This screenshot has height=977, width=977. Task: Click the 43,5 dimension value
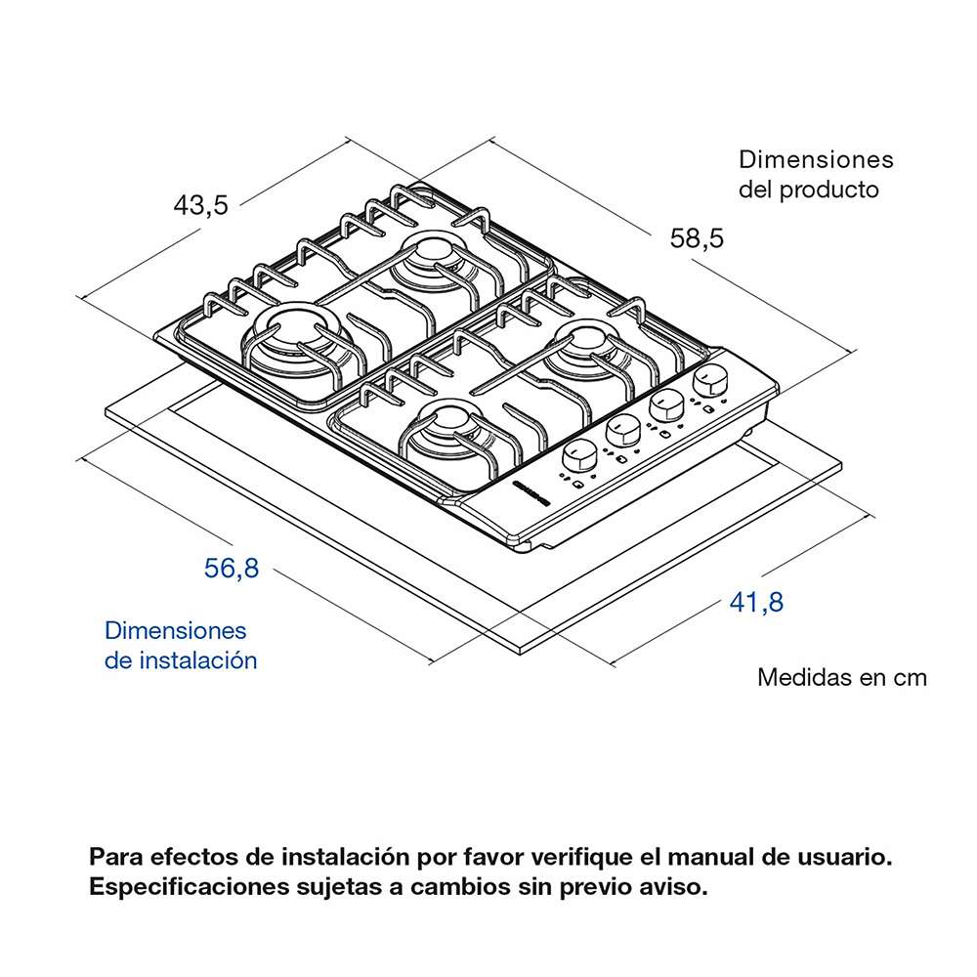(x=200, y=206)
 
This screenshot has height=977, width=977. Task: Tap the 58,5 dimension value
(x=697, y=238)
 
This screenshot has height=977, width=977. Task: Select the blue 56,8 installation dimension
(x=232, y=569)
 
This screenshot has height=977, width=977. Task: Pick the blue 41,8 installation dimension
(x=756, y=603)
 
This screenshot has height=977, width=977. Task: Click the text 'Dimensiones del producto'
(x=815, y=174)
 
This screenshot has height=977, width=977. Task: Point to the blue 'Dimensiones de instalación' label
(x=181, y=645)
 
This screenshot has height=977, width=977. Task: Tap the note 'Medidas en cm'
(x=841, y=677)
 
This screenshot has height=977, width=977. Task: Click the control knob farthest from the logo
(x=710, y=379)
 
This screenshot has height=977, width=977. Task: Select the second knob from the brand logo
(x=622, y=430)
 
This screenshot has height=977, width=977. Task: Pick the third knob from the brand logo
(x=666, y=404)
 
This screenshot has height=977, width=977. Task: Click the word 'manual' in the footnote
(x=703, y=858)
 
